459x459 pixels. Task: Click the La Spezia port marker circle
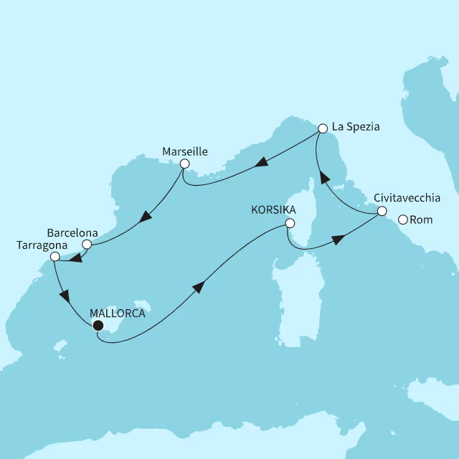click(322, 128)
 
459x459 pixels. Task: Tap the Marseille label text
click(185, 152)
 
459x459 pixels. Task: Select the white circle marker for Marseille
click(184, 164)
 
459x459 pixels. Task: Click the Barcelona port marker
click(87, 245)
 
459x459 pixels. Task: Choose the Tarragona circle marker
click(55, 256)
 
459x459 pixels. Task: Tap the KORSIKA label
click(273, 211)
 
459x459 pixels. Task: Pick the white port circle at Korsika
click(290, 224)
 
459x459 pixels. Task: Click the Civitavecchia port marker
click(382, 212)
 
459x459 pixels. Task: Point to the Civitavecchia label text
click(407, 199)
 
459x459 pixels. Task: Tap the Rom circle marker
click(403, 220)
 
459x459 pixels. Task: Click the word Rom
click(422, 220)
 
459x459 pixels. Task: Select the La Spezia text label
click(356, 128)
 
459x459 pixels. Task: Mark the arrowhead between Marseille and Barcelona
click(146, 216)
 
